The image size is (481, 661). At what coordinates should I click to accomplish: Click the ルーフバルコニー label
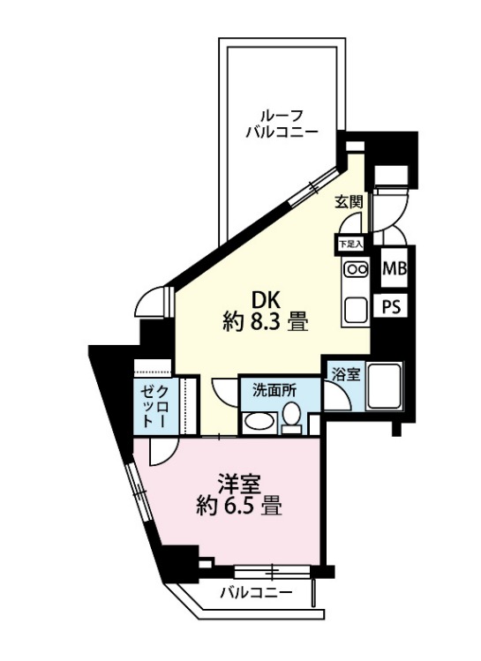281,124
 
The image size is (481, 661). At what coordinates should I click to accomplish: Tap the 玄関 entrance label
349,202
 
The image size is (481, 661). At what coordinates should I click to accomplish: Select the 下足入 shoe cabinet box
350,244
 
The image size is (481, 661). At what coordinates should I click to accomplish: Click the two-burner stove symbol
357,269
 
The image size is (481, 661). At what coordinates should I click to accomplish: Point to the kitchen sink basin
357,310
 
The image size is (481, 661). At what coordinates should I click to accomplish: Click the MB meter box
395,268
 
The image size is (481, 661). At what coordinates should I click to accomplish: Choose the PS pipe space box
392,307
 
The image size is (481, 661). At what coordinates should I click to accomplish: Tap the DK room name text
266,301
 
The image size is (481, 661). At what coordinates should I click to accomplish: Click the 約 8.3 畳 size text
266,323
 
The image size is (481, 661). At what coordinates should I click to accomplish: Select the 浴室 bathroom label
346,374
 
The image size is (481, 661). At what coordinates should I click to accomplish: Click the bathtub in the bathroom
385,387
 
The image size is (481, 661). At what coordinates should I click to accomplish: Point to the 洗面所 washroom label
274,391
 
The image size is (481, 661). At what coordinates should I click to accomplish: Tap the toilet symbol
291,417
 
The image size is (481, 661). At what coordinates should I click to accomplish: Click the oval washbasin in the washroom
259,424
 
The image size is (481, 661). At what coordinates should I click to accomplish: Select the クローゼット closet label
154,406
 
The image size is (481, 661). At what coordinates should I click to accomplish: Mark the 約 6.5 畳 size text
238,506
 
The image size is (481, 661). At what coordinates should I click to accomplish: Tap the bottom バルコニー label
256,594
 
